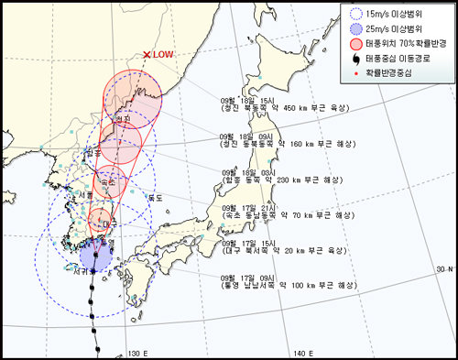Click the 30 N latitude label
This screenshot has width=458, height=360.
pyautogui.click(x=444, y=268)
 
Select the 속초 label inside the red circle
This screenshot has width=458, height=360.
pyautogui.click(x=107, y=182)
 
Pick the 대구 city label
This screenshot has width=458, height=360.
pyautogui.click(x=107, y=224)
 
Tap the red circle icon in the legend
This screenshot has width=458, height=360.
pyautogui.click(x=355, y=45)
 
